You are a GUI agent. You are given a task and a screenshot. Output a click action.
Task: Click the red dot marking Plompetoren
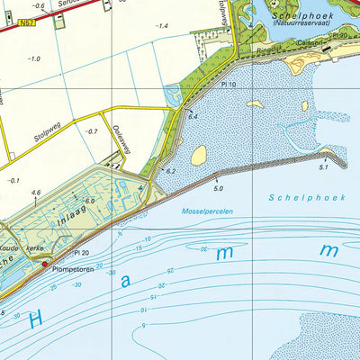pos(45,264)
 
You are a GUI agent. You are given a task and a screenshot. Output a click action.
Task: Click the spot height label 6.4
pos(192,117)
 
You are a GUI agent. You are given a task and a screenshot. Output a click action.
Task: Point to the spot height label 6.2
pos(171,171)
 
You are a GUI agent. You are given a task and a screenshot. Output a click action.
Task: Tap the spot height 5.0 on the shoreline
pos(217,188)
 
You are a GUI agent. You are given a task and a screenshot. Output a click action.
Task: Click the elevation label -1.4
pos(162,26)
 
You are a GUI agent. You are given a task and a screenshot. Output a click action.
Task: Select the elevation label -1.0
pos(34,58)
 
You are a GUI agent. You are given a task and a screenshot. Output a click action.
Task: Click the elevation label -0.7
pos(92,132)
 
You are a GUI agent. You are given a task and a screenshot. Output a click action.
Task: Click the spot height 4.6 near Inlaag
pos(36,193)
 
